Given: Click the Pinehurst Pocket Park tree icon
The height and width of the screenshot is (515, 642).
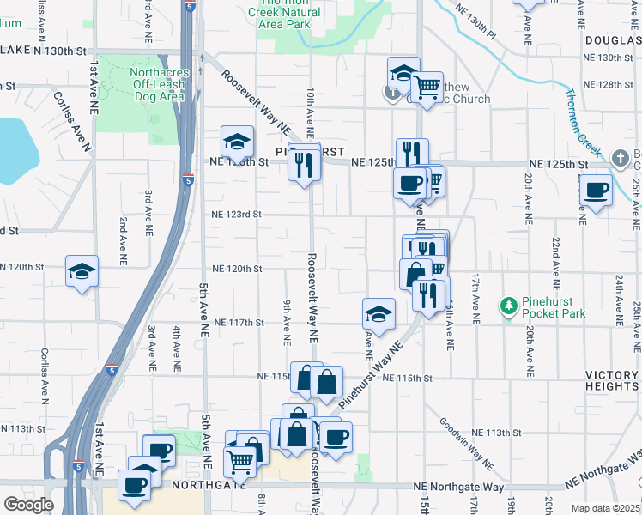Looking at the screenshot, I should [x=508, y=305].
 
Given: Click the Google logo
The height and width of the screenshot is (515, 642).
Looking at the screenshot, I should [x=28, y=505].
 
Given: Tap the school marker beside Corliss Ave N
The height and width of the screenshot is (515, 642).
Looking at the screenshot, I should [x=82, y=272].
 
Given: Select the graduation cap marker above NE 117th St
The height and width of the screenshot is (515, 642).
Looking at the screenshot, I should [x=379, y=313].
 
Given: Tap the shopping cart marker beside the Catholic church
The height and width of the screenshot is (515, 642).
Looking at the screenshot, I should [x=427, y=86].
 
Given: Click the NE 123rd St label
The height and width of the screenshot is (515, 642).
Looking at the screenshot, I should [x=236, y=215].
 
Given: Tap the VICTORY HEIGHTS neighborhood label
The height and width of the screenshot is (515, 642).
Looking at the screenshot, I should [x=612, y=381].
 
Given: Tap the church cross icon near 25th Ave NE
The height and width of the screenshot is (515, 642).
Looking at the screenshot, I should [x=621, y=157].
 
